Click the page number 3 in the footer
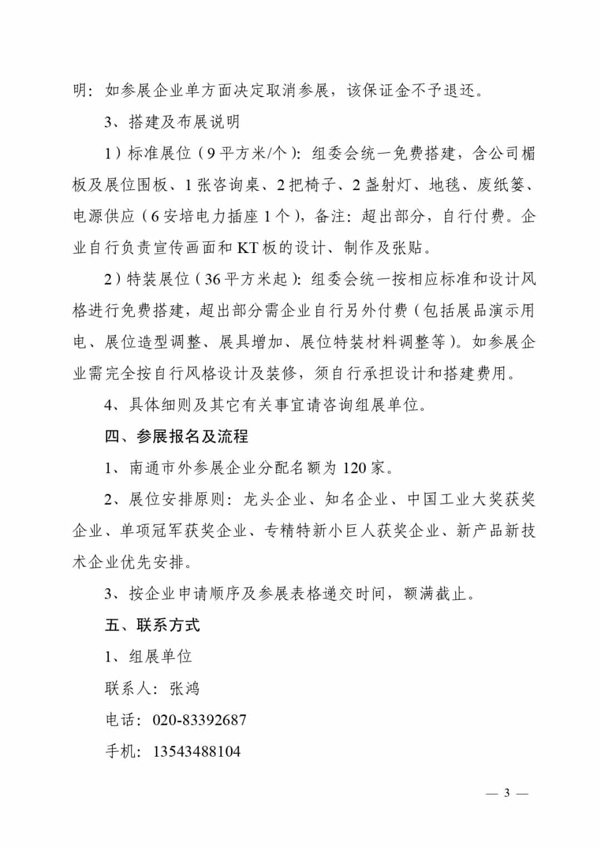coord(506,793)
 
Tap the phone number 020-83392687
coord(199,720)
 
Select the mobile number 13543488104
coord(196,752)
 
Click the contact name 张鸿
coord(184,688)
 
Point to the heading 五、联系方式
coord(152,625)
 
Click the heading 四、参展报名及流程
coord(176,436)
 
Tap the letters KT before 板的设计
coord(247,247)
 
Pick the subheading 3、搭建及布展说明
coord(172,122)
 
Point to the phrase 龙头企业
coord(275,499)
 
